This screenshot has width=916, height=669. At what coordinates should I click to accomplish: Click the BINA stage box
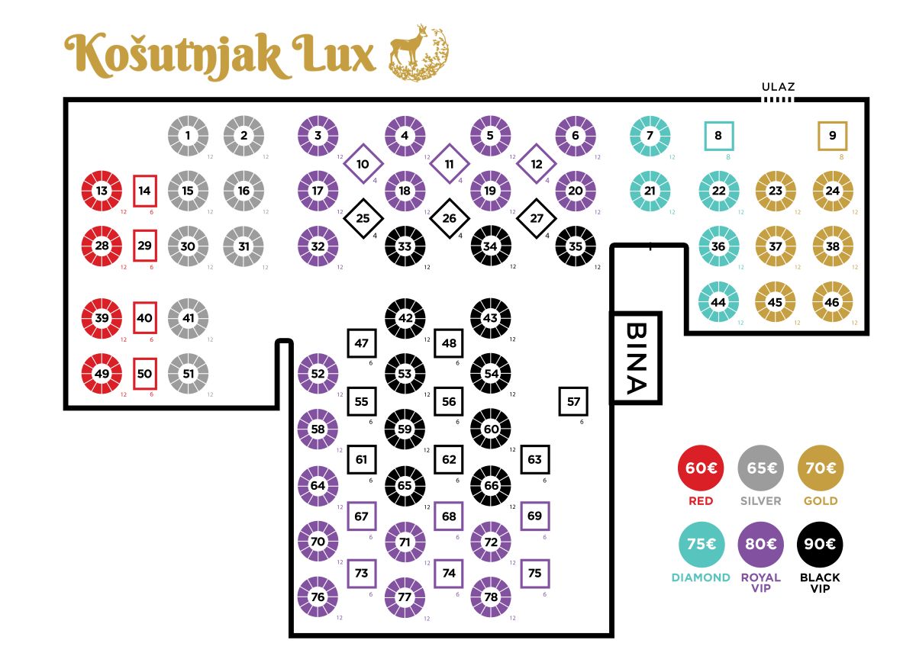635,358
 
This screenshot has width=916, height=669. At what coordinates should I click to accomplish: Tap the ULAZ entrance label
778,87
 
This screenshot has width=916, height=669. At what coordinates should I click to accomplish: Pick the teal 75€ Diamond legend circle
701,545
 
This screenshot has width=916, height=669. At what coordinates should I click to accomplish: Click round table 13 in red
102,191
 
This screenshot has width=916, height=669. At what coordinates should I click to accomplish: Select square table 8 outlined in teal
718,137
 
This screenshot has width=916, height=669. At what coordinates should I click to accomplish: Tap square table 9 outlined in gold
832,137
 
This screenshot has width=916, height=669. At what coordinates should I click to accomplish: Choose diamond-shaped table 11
449,164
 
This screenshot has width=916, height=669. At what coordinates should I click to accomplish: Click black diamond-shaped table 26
449,219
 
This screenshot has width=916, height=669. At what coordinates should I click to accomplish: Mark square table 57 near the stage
574,401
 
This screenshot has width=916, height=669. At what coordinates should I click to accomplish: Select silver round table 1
188,137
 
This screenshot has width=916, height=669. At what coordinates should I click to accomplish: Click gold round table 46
832,301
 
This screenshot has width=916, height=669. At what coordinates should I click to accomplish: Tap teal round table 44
718,301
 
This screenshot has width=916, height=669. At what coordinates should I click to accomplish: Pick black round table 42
405,318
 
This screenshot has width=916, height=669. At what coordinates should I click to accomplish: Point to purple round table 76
318,597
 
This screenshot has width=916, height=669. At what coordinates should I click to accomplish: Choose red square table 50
145,374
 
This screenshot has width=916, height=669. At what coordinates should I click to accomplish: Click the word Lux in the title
331,55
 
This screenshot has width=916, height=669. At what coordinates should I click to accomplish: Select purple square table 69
534,516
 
